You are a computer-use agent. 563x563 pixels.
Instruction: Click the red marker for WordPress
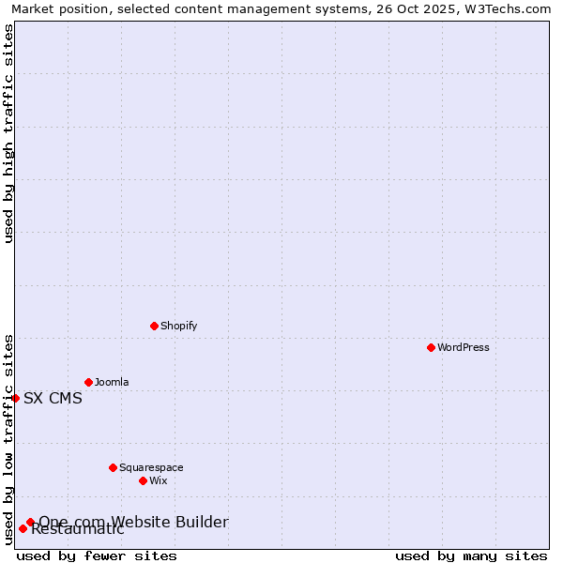click(x=431, y=347)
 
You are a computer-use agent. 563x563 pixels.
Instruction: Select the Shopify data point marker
click(x=154, y=326)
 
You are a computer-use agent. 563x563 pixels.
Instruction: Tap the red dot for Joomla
click(x=88, y=382)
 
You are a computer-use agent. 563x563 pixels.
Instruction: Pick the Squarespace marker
click(x=113, y=467)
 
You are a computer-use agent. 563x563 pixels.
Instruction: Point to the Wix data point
click(x=143, y=480)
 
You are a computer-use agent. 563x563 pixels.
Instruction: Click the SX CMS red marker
click(x=15, y=398)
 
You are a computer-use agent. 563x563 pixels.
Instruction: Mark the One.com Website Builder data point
click(x=30, y=522)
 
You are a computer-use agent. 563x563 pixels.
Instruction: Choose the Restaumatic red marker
click(x=23, y=528)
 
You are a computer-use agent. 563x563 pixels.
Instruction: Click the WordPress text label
click(x=464, y=347)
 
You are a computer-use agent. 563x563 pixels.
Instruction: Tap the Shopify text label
click(x=178, y=326)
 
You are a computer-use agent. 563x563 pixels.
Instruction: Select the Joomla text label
click(x=112, y=382)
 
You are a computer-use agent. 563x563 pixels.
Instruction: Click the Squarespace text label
click(x=151, y=467)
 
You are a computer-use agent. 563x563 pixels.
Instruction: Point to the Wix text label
click(x=158, y=480)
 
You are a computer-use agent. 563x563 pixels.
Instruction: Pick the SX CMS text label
click(x=53, y=398)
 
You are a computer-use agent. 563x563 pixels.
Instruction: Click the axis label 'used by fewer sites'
click(x=97, y=555)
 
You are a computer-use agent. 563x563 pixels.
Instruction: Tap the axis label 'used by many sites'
click(x=471, y=555)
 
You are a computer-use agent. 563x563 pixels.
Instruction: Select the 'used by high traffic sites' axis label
click(x=8, y=133)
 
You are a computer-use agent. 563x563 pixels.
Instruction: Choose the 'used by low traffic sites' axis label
click(x=8, y=438)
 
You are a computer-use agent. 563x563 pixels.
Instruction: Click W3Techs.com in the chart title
click(x=510, y=8)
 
